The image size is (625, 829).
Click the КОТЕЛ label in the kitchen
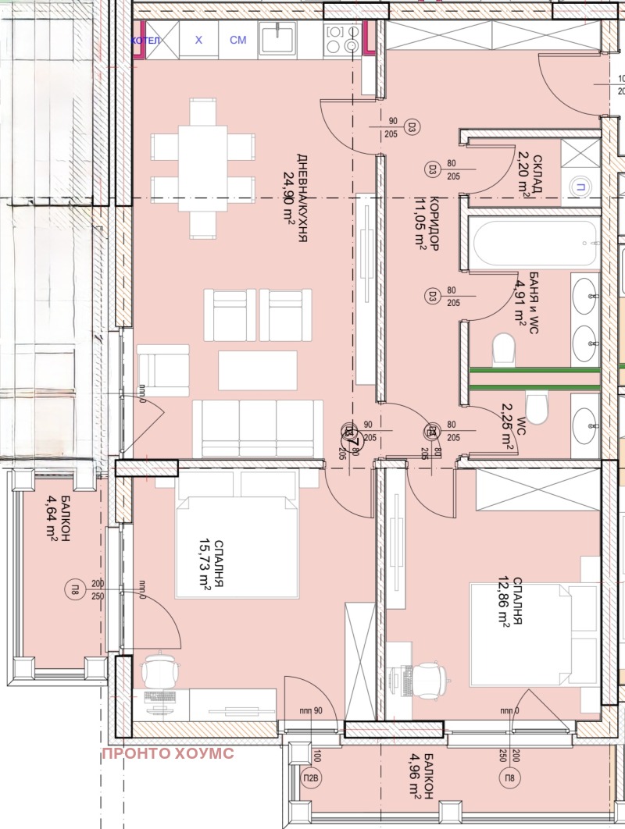(x=145, y=41)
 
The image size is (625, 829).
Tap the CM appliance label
(x=237, y=41)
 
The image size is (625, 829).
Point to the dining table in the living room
(x=202, y=167)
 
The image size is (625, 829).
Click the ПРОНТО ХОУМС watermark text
(x=167, y=753)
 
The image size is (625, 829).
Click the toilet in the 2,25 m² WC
(x=537, y=407)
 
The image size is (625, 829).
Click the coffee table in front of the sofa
(x=258, y=370)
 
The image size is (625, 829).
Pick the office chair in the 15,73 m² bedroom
(x=161, y=670)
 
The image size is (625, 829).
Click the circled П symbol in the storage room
(x=580, y=186)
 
